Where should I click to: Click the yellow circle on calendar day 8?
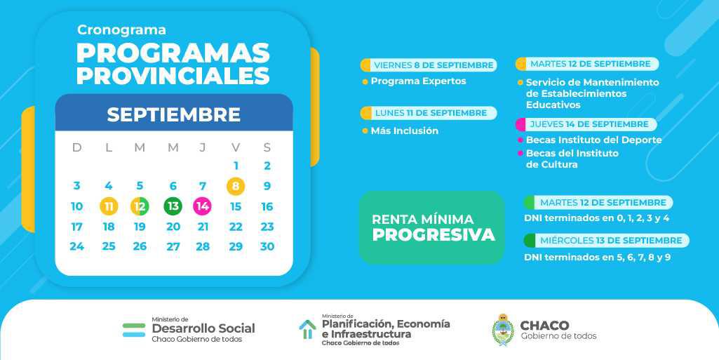[236, 186]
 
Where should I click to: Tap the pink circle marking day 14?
[202, 206]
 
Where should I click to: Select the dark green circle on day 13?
[173, 206]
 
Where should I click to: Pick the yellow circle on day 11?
[109, 206]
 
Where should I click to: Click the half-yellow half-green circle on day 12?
[140, 206]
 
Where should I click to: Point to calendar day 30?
[267, 247]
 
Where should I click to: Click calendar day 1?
[236, 166]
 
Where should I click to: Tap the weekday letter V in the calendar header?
[236, 147]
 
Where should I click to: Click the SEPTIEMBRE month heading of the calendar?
[174, 114]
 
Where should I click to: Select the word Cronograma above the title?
[121, 29]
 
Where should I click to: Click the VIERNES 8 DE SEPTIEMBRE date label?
[434, 65]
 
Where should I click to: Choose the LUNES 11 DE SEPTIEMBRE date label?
[431, 113]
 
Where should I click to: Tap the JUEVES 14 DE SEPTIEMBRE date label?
[589, 124]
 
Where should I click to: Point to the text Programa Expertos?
[418, 81]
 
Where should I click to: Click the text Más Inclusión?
[405, 131]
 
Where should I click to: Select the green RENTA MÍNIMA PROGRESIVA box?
[431, 227]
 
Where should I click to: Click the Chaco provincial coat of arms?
[503, 330]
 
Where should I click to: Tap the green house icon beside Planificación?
[308, 330]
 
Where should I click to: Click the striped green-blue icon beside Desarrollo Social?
[134, 330]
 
